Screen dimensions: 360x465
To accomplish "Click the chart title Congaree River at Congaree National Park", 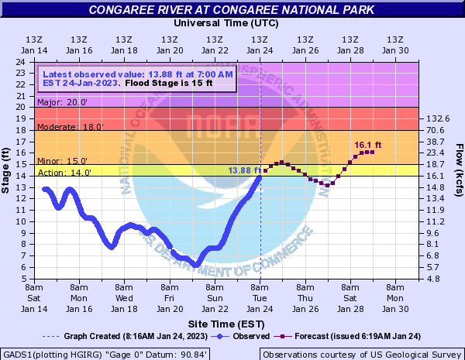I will pos(232,10).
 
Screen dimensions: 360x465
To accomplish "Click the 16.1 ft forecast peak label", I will pos(367,145).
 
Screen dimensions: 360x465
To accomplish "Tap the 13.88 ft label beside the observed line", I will pos(243,170).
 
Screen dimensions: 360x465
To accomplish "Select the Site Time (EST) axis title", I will pos(231,323).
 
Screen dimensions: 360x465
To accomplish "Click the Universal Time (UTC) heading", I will pos(232,23).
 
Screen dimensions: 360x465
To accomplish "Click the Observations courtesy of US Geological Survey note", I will pos(361,354).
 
